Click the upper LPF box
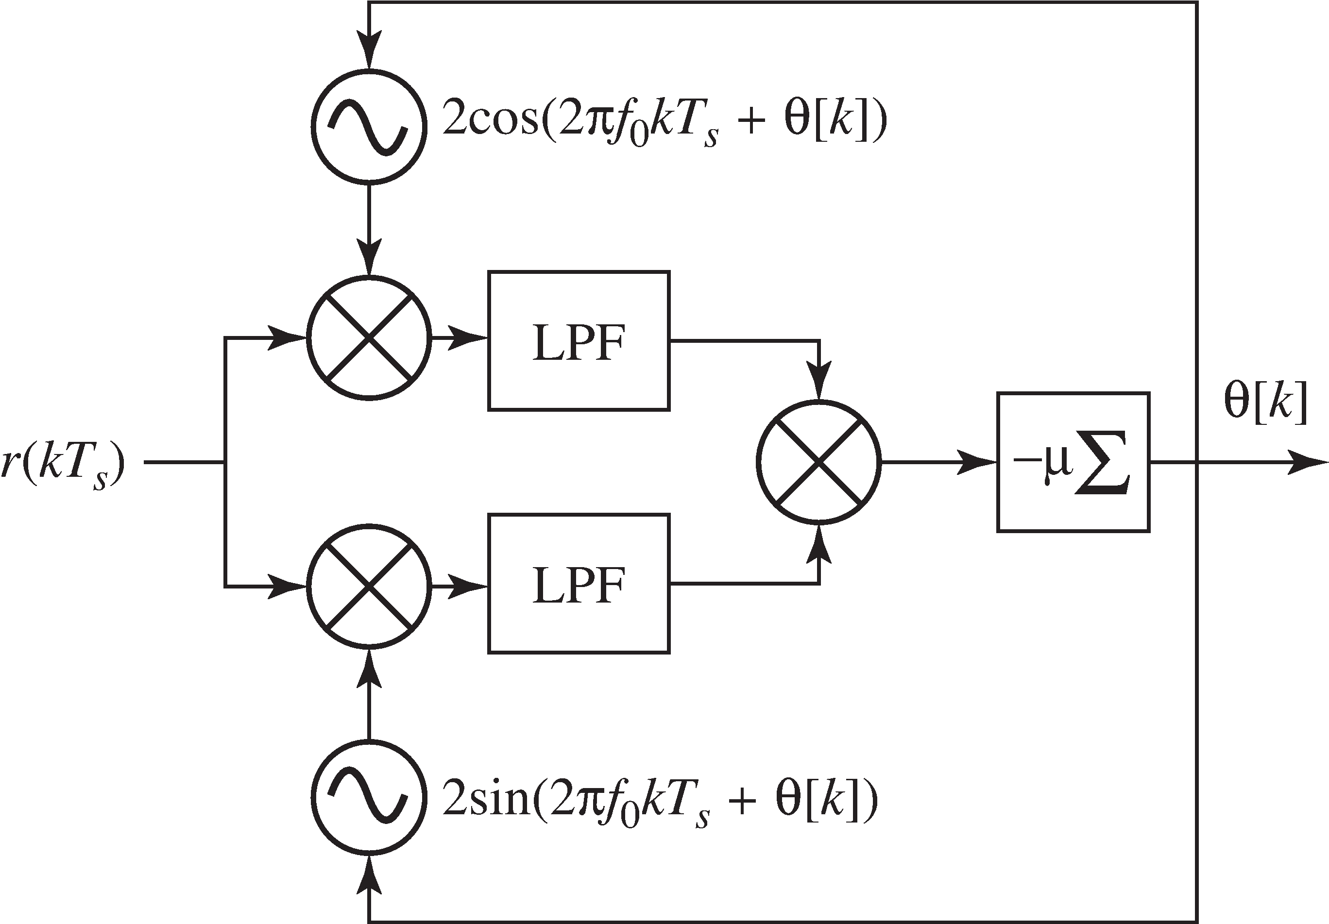click(579, 341)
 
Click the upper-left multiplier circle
click(369, 338)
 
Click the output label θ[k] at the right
click(1265, 402)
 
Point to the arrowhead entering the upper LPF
click(469, 338)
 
